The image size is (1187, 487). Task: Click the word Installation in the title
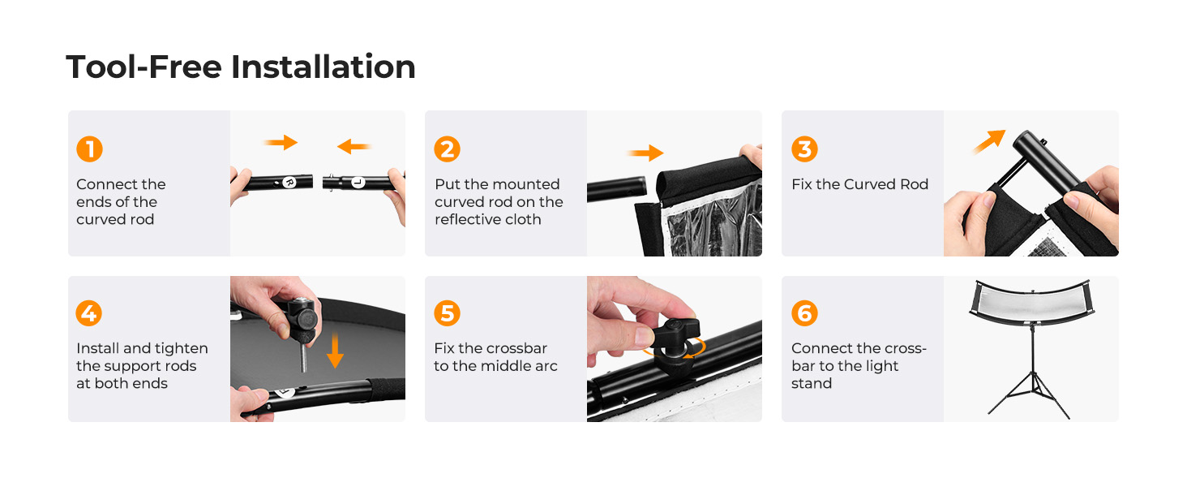pyautogui.click(x=324, y=67)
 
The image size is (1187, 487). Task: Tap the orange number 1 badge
pyautogui.click(x=89, y=149)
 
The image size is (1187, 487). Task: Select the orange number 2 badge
pyautogui.click(x=448, y=149)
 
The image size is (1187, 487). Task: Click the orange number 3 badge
pyautogui.click(x=804, y=149)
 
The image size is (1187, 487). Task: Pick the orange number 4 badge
pyautogui.click(x=89, y=313)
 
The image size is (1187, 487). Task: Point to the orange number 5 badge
pyautogui.click(x=448, y=313)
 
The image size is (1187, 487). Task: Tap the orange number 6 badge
pyautogui.click(x=804, y=313)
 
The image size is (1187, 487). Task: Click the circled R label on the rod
pyautogui.click(x=289, y=183)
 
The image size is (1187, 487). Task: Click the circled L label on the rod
pyautogui.click(x=358, y=183)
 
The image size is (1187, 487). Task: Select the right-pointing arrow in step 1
pyautogui.click(x=281, y=142)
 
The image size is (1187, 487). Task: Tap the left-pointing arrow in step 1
pyautogui.click(x=354, y=146)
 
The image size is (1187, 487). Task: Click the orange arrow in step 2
pyautogui.click(x=645, y=153)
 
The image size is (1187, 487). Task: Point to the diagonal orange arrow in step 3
pyautogui.click(x=989, y=142)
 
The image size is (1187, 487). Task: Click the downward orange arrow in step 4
pyautogui.click(x=335, y=350)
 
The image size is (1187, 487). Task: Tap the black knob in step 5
pyautogui.click(x=675, y=339)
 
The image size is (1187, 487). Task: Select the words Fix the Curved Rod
pyautogui.click(x=859, y=184)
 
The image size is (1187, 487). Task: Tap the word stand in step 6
pyautogui.click(x=812, y=383)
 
